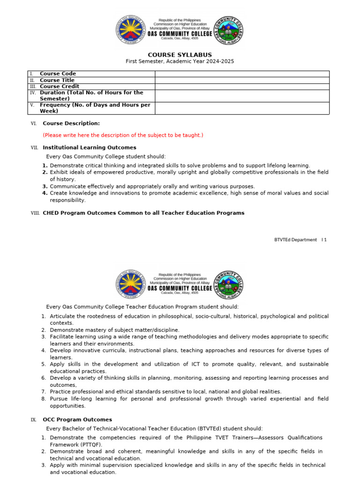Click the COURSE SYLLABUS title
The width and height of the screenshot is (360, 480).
click(180, 55)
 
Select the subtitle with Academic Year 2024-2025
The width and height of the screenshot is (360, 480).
click(180, 61)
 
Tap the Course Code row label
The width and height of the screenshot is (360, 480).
click(58, 74)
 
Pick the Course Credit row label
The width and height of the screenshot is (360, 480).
click(60, 86)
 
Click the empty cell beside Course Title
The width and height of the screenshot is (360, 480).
click(242, 80)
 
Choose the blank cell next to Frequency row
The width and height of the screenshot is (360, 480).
click(242, 108)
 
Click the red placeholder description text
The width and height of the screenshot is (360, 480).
click(123, 135)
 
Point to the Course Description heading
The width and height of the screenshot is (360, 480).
click(71, 123)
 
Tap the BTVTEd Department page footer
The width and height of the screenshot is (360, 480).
click(300, 240)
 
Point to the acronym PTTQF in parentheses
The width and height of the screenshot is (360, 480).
click(89, 444)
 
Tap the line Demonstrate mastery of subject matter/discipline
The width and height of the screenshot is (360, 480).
click(114, 330)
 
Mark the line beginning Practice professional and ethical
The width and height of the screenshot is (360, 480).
click(165, 391)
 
